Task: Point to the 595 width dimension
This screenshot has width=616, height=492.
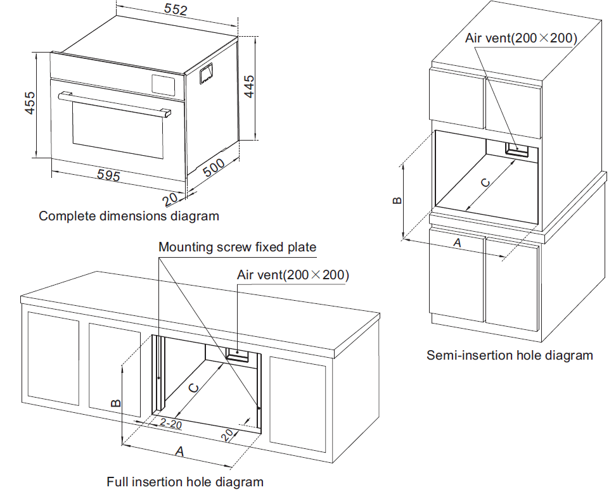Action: [108, 175]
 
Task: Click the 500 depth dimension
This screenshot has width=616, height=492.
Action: [214, 168]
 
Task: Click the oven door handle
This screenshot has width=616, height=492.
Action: [114, 103]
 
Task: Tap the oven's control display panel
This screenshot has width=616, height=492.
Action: [162, 84]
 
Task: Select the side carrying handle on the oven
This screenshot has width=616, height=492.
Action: [205, 75]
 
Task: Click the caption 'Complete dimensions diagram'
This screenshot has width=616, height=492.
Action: [129, 216]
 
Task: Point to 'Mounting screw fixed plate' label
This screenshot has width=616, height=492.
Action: [237, 247]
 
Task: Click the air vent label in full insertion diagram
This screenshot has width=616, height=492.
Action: [293, 275]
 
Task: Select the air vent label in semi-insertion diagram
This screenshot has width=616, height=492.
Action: [521, 38]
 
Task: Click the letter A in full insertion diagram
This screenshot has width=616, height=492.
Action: [179, 451]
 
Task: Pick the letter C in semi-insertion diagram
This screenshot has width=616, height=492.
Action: [484, 182]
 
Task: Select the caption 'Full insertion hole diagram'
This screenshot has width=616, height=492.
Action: [184, 482]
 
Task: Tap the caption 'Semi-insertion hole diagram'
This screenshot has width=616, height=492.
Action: [510, 355]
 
